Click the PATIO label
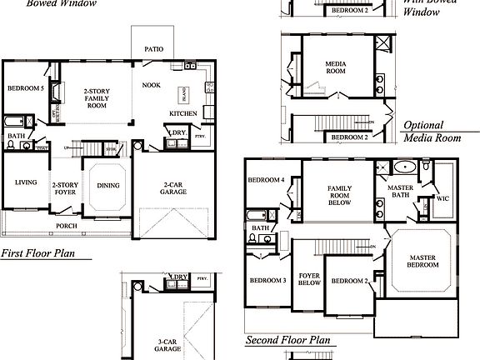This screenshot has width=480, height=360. tap(153, 49)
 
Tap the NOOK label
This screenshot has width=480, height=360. tap(151, 85)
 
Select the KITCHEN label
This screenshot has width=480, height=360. tap(182, 113)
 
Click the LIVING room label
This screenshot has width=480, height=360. tap(25, 182)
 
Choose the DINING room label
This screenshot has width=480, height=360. tap(108, 187)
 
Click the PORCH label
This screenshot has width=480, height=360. tap(67, 226)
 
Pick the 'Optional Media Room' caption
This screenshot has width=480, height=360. tap(432, 132)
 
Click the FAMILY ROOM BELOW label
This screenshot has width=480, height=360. tap(339, 195)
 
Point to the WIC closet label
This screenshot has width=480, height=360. tap(442, 198)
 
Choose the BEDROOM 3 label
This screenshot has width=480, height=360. tap(266, 281)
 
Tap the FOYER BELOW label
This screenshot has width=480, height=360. tap(309, 279)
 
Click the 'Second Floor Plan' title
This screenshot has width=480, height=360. tap(287, 341)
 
